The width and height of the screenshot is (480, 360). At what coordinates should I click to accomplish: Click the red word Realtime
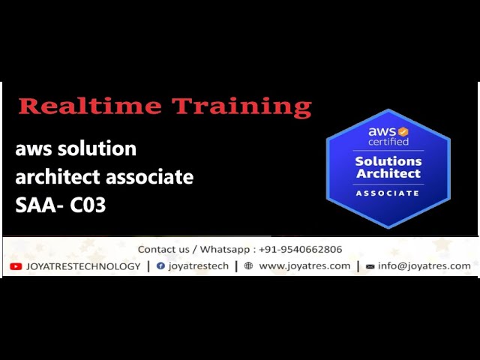[90, 106]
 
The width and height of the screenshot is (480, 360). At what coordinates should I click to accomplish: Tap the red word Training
[241, 107]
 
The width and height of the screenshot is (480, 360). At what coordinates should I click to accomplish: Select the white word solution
[97, 148]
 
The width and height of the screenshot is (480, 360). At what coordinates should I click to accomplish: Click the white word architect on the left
[58, 177]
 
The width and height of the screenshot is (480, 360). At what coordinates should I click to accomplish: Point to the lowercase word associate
[150, 177]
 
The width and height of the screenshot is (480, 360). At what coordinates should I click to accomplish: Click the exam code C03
[88, 205]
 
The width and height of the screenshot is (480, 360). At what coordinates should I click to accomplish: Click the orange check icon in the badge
[403, 132]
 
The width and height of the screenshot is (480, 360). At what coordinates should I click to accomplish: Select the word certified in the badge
[388, 142]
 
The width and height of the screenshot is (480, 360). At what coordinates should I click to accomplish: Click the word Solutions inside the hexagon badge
[388, 161]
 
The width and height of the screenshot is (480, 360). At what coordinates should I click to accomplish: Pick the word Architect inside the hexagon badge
[388, 173]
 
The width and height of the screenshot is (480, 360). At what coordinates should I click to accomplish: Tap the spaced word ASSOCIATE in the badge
[388, 193]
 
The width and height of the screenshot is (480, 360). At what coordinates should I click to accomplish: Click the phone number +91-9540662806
[300, 249]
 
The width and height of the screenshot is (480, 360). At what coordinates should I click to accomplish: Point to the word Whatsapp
[225, 250]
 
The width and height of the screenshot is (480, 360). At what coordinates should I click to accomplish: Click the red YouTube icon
[16, 266]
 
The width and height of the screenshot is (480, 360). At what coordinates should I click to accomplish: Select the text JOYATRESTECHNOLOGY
[83, 266]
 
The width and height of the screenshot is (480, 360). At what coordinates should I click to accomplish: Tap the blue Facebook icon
[160, 265]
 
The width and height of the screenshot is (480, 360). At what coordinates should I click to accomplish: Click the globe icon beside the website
[248, 265]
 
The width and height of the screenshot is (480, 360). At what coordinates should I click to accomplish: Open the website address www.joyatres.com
[304, 266]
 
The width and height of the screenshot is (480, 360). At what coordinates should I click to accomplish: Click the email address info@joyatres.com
[424, 265]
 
